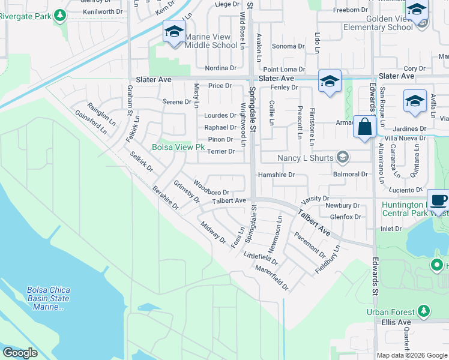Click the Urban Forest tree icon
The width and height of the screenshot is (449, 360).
tap(424, 311)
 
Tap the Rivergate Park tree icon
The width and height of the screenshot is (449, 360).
tap(59, 14)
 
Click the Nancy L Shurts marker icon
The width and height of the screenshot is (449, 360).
tap(343, 158)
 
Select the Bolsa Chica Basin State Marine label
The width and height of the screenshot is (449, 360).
tap(49, 298)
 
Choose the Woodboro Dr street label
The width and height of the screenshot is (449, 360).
tap(211, 188)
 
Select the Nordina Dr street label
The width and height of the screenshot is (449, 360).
tap(220, 68)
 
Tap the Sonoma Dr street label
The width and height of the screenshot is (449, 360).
tap(288, 46)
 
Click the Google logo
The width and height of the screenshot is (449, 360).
tap(20, 352)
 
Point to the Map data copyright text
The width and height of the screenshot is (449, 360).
tap(412, 355)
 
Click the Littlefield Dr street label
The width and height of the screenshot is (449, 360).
tap(261, 259)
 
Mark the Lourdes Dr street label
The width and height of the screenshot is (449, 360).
tap(220, 115)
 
